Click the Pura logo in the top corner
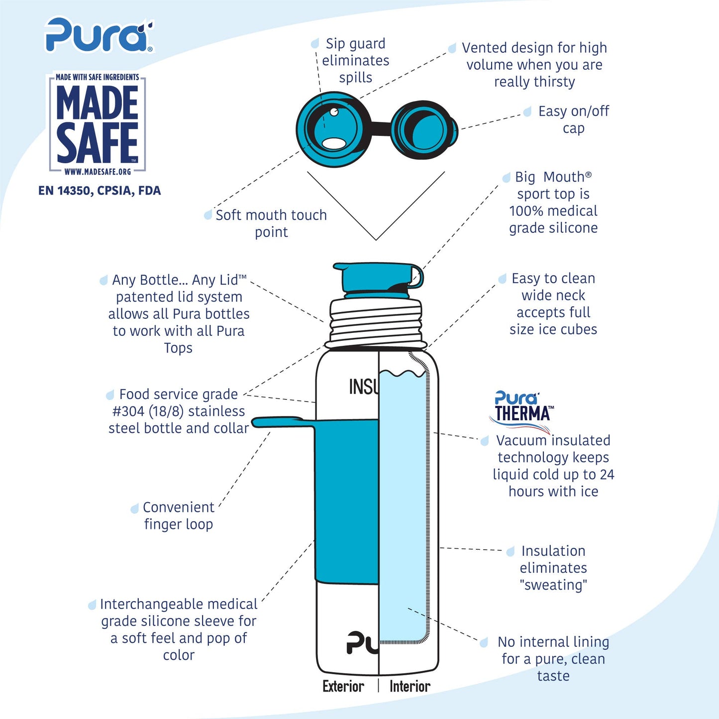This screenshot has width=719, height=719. [x=99, y=34]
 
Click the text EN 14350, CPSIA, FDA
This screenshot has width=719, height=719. [x=100, y=191]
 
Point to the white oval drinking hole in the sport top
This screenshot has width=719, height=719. [x=334, y=143]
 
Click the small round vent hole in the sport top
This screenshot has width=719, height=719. [x=334, y=111]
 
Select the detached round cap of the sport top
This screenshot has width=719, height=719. [x=424, y=128]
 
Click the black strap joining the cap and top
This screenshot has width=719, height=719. [x=381, y=128]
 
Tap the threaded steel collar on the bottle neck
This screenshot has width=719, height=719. [x=376, y=321]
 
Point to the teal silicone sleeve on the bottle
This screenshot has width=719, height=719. [x=347, y=501]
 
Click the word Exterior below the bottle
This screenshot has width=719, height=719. [x=343, y=686]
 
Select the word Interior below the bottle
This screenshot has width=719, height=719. [x=410, y=686]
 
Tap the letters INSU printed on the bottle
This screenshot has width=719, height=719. [x=364, y=387]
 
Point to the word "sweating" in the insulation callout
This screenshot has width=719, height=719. [x=553, y=585]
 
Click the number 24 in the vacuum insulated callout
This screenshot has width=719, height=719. [x=607, y=474]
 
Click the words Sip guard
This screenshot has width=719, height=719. [x=355, y=44]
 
